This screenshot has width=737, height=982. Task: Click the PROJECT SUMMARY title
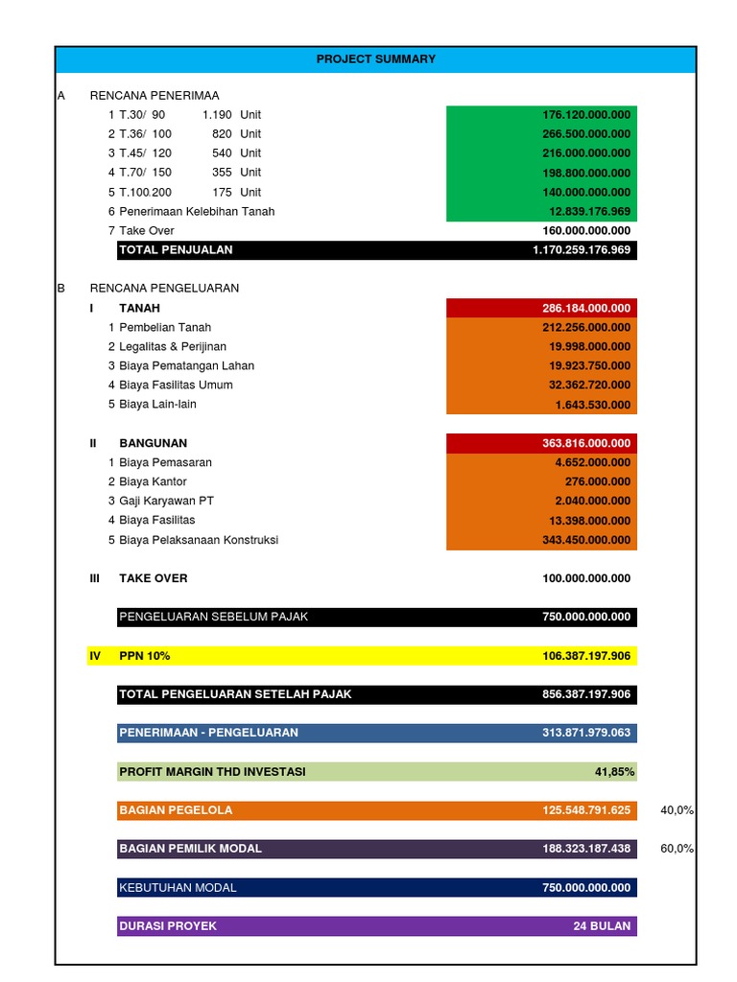[x=375, y=59]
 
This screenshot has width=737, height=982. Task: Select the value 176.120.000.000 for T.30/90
[x=586, y=115]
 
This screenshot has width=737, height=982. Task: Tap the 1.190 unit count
[x=217, y=115]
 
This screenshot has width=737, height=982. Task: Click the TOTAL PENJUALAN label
[x=176, y=250]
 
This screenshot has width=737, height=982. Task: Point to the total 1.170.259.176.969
[x=582, y=250]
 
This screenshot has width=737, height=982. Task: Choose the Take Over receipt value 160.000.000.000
[x=586, y=231]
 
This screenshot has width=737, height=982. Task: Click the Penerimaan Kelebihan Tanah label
[x=197, y=212]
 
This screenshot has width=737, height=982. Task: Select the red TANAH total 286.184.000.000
[x=586, y=309]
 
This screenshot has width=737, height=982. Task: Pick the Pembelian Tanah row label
[x=165, y=328]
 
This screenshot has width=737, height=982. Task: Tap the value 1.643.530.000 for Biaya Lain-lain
[x=592, y=405]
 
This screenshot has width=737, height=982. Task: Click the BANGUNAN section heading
[x=153, y=444]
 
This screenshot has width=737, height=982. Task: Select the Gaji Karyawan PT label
[x=166, y=502]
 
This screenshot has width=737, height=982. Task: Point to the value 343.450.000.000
[x=586, y=541]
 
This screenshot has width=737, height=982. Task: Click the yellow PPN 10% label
[x=144, y=656]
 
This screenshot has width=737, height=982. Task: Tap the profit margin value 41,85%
[x=614, y=772]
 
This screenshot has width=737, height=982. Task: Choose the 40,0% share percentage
[x=677, y=810]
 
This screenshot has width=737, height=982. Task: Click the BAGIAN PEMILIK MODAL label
[x=190, y=849]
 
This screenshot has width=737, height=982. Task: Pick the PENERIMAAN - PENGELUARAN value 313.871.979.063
[x=586, y=733]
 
